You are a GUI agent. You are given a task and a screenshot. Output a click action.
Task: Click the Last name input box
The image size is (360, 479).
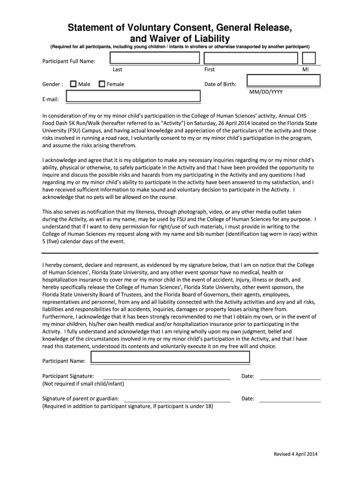pyautogui.click(x=155, y=58)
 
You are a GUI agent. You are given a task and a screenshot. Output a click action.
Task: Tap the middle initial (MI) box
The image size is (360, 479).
pyautogui.click(x=309, y=58)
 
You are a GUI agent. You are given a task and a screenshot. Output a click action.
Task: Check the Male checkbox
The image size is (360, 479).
pyautogui.click(x=73, y=84)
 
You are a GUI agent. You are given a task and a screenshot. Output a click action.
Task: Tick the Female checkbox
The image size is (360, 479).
pyautogui.click(x=102, y=84)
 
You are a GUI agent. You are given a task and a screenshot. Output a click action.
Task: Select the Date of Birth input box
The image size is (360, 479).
pyautogui.click(x=283, y=81)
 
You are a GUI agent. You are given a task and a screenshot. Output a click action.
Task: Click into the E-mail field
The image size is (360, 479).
pyautogui.click(x=133, y=96)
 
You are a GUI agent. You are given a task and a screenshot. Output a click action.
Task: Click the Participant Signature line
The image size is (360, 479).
pyautogui.click(x=166, y=377)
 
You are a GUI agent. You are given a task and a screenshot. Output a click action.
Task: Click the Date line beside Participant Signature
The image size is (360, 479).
pyautogui.click(x=290, y=377)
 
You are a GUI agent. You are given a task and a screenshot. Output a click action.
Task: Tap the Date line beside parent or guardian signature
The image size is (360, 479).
pyautogui.click(x=290, y=399)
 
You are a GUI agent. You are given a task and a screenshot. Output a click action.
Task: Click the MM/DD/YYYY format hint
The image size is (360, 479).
pyautogui.click(x=266, y=92)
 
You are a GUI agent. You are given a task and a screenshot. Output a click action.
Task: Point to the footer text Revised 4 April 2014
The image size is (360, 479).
pyautogui.click(x=295, y=454)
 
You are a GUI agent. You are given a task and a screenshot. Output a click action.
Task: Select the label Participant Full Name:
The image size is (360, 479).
pyautogui.click(x=69, y=61)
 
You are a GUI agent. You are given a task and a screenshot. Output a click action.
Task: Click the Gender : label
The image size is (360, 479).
pyautogui.click(x=52, y=84)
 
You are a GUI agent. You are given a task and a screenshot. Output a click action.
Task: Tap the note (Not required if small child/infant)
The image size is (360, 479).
pyautogui.click(x=83, y=384)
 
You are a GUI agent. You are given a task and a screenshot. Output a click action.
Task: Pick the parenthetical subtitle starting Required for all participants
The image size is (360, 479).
pyautogui.click(x=180, y=47)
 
